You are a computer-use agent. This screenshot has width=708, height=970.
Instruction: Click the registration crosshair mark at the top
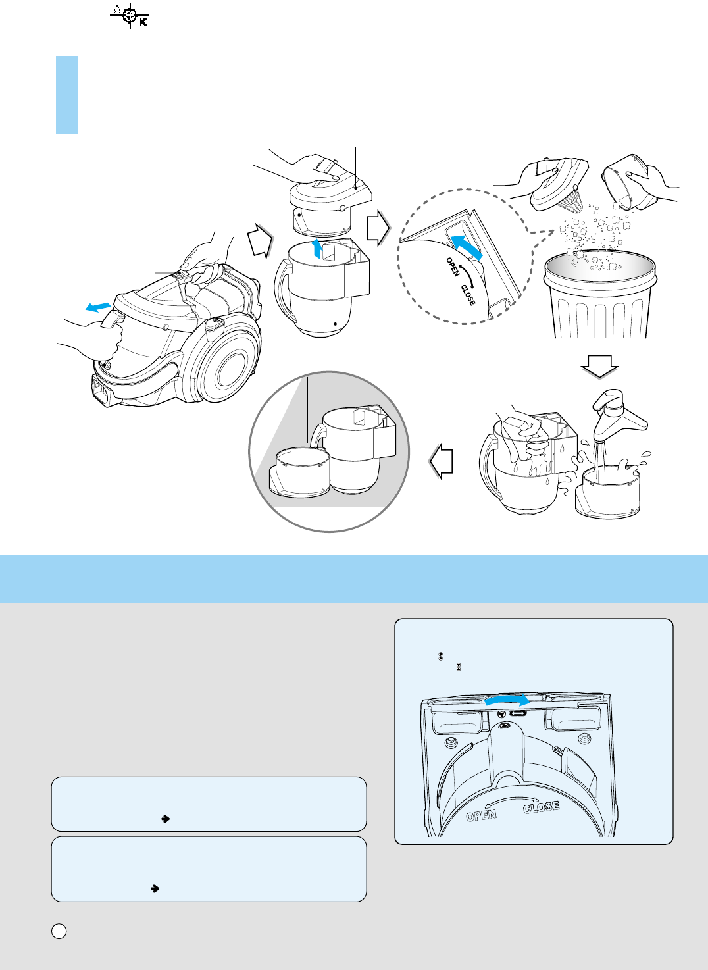[x=130, y=16]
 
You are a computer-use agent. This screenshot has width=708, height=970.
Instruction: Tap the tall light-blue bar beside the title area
[x=67, y=95]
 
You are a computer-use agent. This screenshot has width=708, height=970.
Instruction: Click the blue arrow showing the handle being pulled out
[x=98, y=307]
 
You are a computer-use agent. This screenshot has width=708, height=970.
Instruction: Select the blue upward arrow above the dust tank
[x=317, y=248]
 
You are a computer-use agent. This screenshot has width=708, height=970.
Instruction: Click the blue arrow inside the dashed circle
[x=466, y=247]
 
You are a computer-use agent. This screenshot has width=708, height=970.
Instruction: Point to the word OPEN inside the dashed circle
[x=453, y=267]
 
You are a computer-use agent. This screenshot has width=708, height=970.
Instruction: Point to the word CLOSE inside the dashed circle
[x=468, y=295]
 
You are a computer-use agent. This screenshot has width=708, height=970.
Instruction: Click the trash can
[x=599, y=294]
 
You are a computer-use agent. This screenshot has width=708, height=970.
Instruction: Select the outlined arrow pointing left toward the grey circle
[x=442, y=461]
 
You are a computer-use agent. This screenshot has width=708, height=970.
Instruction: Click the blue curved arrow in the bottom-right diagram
[x=507, y=700]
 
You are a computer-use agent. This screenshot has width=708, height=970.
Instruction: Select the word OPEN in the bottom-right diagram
[x=481, y=815]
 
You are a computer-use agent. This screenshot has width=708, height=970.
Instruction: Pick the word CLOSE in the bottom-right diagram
[x=542, y=807]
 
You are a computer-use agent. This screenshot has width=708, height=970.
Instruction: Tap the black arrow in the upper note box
[x=165, y=819]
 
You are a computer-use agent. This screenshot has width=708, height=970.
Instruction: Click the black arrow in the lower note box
[x=155, y=888]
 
